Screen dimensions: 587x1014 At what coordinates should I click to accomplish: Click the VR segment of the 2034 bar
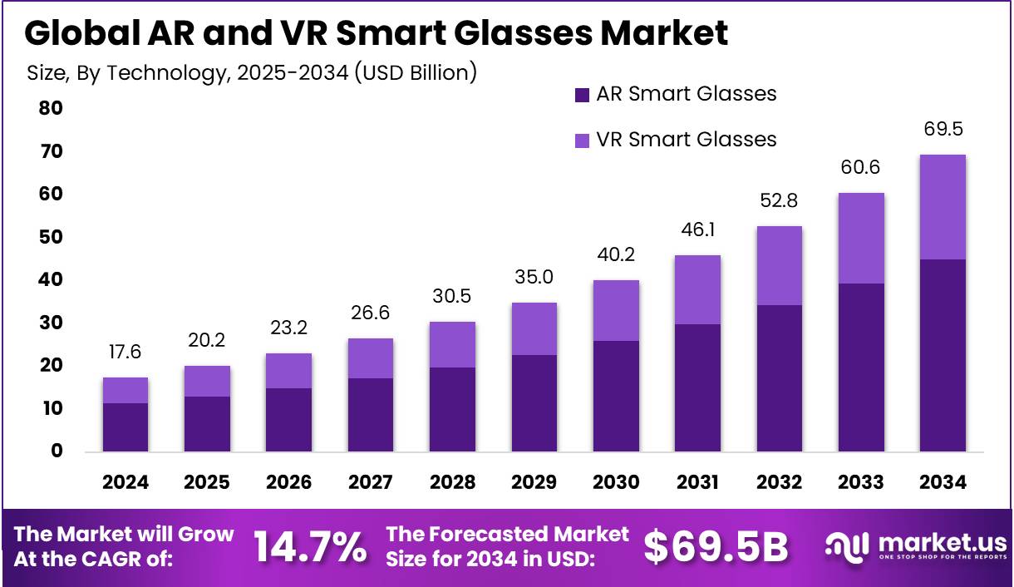[943, 207]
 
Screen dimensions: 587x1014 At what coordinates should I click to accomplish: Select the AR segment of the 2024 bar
[126, 427]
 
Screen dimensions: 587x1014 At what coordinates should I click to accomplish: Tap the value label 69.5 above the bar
[943, 130]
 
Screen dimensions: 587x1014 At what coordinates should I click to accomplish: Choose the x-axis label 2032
[779, 482]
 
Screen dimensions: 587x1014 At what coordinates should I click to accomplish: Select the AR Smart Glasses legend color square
[582, 95]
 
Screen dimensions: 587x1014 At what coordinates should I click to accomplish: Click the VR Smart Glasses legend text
[686, 139]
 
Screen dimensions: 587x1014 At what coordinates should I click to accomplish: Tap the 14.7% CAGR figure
[309, 547]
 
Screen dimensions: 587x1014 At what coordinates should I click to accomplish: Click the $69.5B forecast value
[716, 547]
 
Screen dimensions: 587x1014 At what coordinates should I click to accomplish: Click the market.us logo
[915, 546]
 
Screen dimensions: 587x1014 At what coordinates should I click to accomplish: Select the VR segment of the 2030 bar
[616, 310]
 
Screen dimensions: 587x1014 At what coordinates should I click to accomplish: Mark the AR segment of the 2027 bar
[371, 415]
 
